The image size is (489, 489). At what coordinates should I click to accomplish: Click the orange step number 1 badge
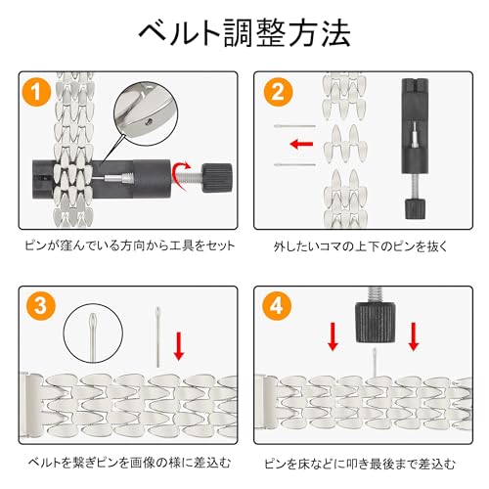coord(36,92)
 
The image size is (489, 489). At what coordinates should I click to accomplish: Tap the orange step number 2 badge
coord(278,92)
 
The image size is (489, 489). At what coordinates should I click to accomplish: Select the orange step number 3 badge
coord(41,306)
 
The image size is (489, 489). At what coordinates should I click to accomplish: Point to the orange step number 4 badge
coord(277,306)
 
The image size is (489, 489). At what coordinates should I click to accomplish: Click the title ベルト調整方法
coord(244,32)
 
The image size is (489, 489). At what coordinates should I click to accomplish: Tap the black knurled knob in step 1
coord(217,178)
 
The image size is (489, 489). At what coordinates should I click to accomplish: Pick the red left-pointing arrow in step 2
coord(301,144)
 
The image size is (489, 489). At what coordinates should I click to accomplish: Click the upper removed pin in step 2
coord(294,126)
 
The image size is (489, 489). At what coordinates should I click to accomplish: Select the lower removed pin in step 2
coord(294,164)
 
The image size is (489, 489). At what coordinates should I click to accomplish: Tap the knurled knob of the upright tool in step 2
coord(415,208)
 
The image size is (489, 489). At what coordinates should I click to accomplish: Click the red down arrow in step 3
coord(178,346)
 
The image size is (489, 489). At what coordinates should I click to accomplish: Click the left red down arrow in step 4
coord(333,336)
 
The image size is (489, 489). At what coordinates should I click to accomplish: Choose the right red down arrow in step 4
coord(414,336)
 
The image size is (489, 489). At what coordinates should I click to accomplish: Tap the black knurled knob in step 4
coord(376,323)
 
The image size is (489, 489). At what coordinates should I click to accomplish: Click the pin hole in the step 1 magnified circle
coord(150,121)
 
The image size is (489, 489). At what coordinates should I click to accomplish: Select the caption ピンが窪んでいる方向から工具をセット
coord(130,245)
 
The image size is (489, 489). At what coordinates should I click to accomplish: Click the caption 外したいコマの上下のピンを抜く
coord(361,246)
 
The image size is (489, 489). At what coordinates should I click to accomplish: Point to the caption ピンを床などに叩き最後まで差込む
coord(360,464)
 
